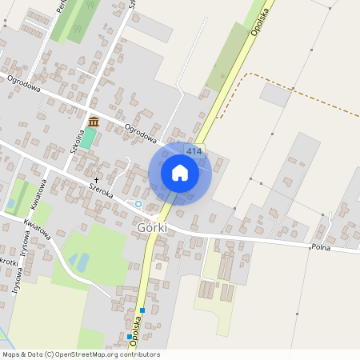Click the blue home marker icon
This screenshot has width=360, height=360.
[180, 173]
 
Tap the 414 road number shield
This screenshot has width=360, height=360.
[194, 151]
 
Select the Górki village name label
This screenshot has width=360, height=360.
[152, 228]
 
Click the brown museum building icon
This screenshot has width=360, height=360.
[94, 122]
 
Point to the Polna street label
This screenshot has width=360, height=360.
[322, 247]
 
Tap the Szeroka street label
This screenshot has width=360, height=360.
[102, 189]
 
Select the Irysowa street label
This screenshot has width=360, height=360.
[18, 255]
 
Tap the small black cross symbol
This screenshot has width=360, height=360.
[98, 180]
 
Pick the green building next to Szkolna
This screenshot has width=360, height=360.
[87, 138]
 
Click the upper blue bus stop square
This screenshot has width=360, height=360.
[142, 310]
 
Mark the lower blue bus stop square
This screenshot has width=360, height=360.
[130, 337]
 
